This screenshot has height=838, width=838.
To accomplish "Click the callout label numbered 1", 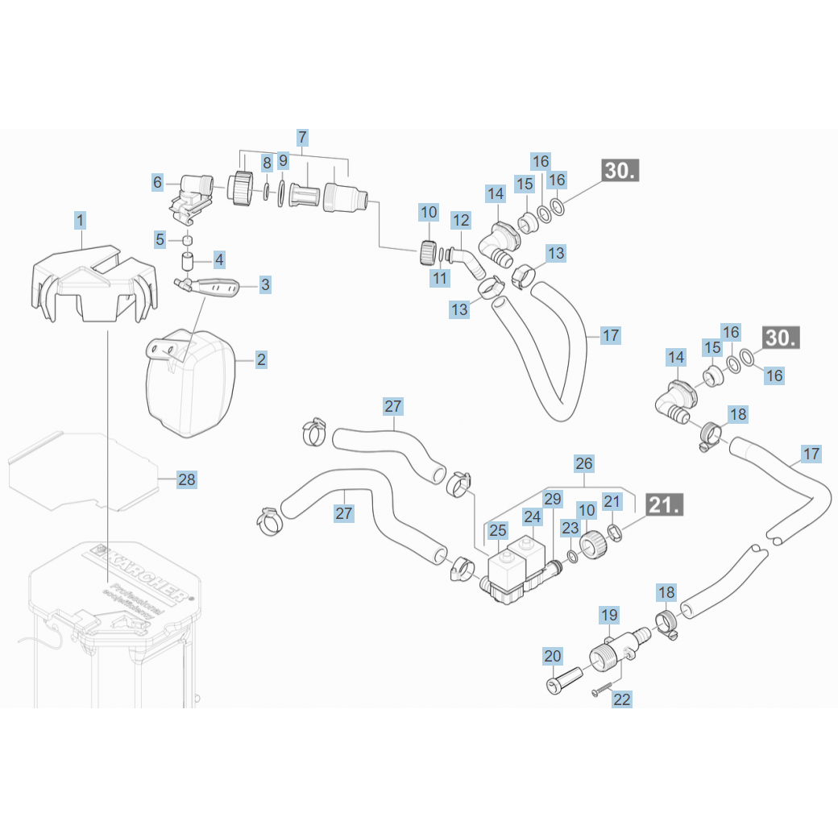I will coord(80,219).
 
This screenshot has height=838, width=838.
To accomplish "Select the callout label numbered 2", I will coord(261,359).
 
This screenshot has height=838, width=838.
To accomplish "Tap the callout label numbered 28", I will coord(187,480).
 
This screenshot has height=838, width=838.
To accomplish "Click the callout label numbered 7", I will coord(302,137).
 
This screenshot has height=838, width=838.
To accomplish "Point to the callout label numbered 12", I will coord(461,219).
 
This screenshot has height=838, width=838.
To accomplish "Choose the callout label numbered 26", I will coord(584,463).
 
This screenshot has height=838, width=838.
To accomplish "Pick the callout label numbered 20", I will coord(552,657).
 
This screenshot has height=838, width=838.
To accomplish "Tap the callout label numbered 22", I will coord(622,699).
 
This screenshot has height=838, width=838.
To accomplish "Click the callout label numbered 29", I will coord(552,500).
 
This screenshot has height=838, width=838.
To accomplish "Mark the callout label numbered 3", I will coord(265,284).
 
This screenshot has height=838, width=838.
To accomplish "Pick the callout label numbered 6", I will coord(158,183).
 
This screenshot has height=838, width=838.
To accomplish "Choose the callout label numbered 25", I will coord(498,530).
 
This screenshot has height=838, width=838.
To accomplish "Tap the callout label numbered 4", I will coord(219,260).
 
